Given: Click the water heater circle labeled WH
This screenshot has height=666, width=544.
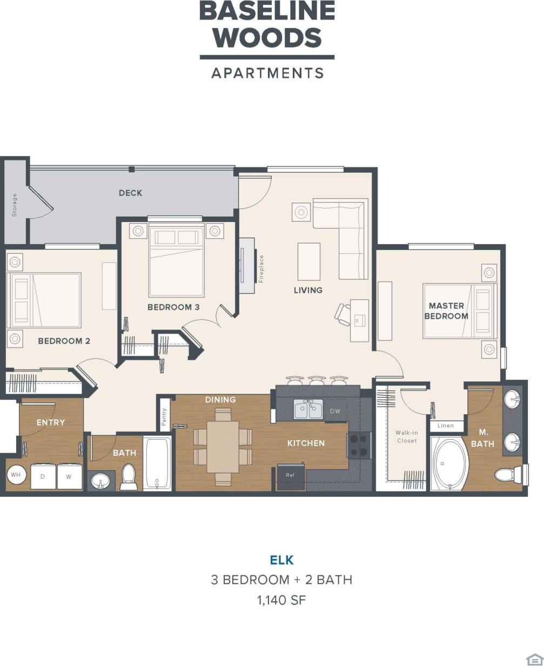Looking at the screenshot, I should click(16, 475).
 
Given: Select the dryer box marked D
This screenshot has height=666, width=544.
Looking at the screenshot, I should click(43, 476).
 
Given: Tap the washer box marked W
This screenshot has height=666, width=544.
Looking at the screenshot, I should click(69, 476).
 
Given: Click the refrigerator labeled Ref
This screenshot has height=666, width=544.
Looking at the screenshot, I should click(291, 476).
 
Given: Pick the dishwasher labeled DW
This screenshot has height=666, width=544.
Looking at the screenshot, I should click(335, 411).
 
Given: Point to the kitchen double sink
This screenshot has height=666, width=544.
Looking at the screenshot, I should click(308, 409).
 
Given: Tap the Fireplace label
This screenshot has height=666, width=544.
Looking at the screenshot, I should click(261, 269).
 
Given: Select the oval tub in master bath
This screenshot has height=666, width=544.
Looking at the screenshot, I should click(448, 464).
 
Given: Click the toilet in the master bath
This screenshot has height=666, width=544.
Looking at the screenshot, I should click(508, 475).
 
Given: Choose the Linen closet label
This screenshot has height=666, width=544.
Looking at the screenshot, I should click(446, 426).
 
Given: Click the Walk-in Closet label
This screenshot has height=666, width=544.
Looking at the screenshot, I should click(406, 436).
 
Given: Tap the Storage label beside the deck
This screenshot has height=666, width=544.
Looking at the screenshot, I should click(15, 205).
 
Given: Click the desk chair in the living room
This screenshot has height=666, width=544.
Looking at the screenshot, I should click(342, 314).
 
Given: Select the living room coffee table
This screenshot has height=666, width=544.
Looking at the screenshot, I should click(308, 261).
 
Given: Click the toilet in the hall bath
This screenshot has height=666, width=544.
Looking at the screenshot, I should click(129, 476).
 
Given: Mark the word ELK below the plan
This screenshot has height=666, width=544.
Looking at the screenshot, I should click(281, 560).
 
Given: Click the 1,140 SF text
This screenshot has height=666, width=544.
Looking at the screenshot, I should click(281, 600).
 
